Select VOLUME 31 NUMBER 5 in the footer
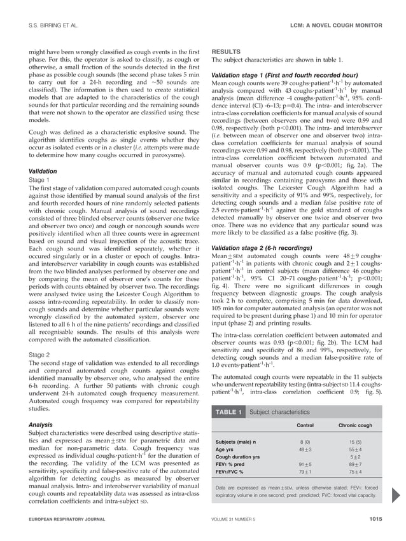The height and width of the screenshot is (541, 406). [241, 520]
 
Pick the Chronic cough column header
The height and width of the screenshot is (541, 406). [355, 425]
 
